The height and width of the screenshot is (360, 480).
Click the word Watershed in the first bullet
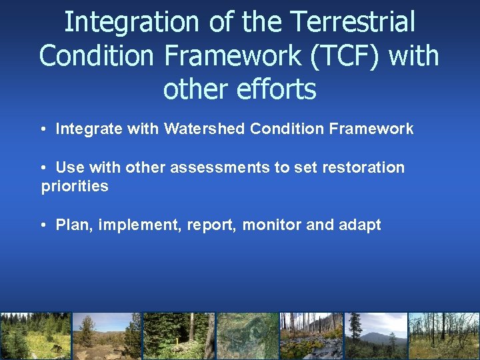(x=203, y=129)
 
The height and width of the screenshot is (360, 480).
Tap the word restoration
(x=363, y=167)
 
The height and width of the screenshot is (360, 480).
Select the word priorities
(x=75, y=187)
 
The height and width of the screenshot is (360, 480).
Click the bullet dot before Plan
(x=43, y=225)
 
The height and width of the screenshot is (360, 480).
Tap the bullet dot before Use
(x=43, y=167)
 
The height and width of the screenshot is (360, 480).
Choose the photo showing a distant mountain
(x=376, y=336)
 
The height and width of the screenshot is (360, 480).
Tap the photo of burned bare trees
(x=443, y=336)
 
